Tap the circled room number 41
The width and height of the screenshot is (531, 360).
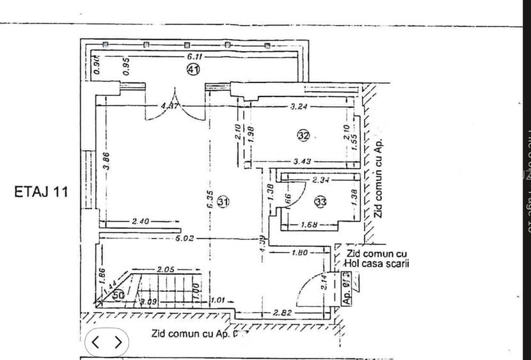click(x=193, y=70)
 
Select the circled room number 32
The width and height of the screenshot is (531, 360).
click(x=303, y=135)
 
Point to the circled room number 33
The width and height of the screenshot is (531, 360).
click(x=321, y=202)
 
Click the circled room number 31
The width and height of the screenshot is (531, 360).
click(x=223, y=202)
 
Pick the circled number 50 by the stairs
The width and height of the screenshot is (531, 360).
click(x=118, y=295)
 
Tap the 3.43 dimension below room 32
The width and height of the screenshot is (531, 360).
click(x=302, y=161)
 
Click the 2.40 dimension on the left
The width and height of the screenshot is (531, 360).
click(x=140, y=221)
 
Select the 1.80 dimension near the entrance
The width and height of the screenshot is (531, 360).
click(x=300, y=253)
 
